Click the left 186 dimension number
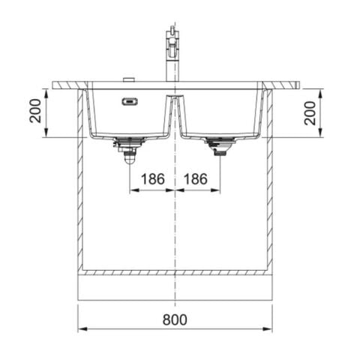click(x=152, y=179)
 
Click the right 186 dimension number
click(x=196, y=179)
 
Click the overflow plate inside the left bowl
click(x=130, y=100)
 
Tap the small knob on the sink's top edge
click(x=127, y=79)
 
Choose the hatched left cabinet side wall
click(x=79, y=180)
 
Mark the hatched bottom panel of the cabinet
click(x=175, y=272)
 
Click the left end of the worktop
click(x=57, y=85)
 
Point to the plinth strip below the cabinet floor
click(x=175, y=288)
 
